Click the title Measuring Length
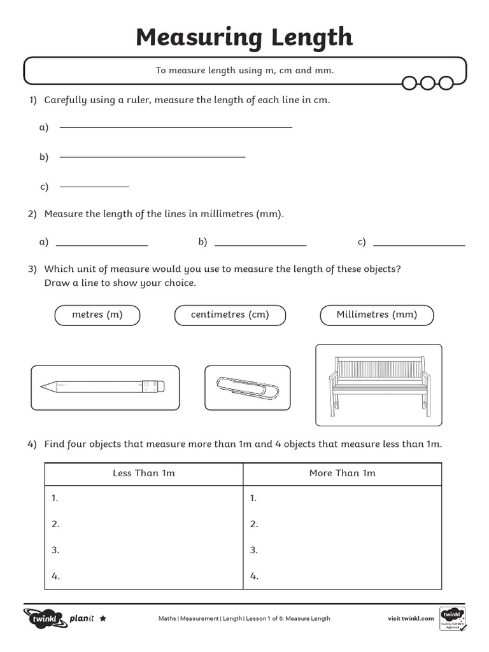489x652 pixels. [x=244, y=38]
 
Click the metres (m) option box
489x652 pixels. [x=97, y=315]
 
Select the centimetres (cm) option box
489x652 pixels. [x=230, y=315]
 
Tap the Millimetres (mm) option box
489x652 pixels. [x=376, y=315]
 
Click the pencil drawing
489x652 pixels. [x=102, y=386]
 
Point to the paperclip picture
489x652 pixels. [x=247, y=387]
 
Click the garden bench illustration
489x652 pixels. [x=379, y=385]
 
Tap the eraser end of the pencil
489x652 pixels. [x=153, y=386]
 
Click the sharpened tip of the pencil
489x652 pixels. [x=43, y=386]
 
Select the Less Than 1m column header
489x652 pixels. [x=144, y=473]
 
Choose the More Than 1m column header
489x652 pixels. [x=342, y=473]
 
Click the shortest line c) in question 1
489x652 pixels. [x=94, y=187]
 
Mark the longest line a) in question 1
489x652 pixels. [x=176, y=127]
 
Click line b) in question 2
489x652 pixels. [x=260, y=245]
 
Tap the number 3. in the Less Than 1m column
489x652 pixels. [x=55, y=550]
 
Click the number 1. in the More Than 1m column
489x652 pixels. [x=253, y=498]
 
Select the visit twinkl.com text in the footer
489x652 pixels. [x=411, y=618]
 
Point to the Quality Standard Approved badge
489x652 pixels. [x=453, y=618]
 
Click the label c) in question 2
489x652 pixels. [x=362, y=242]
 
